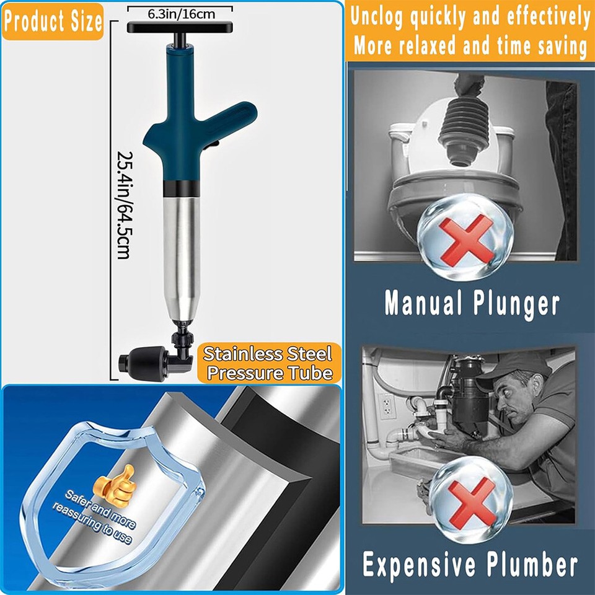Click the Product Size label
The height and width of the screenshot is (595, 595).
coord(52,22)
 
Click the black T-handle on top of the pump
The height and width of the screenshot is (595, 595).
coord(180,27)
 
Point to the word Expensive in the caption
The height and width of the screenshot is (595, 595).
coord(422,566)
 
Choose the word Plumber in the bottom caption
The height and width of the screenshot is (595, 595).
coord(530,566)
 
